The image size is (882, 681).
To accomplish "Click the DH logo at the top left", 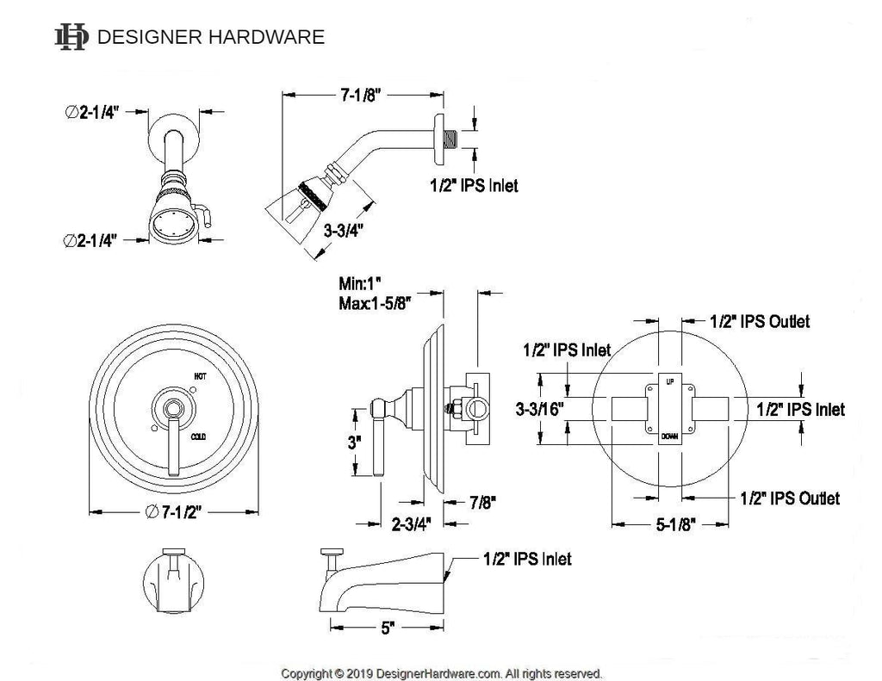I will pos(71,36).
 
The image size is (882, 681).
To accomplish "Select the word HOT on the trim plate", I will pos(200,376).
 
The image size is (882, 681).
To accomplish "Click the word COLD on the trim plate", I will pos(201,436).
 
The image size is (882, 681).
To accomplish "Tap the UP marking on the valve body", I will pos(670,380).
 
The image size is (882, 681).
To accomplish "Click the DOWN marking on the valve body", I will pos(670,437).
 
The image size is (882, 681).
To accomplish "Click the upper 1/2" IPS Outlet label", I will pos(761,321).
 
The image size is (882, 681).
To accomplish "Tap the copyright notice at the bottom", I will pos(442,672).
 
